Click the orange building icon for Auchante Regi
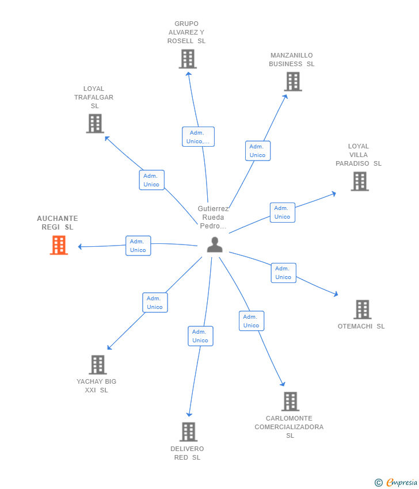point(59,245)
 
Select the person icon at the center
point(215,244)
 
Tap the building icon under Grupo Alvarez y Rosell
point(188,59)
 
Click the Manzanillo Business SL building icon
point(293,81)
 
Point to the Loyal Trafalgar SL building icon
point(95,124)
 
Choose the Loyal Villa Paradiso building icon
point(360,181)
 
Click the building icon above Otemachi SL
point(362,310)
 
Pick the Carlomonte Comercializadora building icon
point(291,402)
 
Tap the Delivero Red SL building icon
point(188,431)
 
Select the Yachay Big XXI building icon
point(98,365)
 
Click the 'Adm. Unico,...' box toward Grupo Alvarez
point(198,136)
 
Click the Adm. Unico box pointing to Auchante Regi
point(138,246)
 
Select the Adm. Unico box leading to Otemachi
point(283,273)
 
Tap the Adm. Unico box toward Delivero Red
point(200,336)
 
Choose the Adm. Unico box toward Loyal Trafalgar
point(151,180)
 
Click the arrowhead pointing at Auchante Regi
point(80,247)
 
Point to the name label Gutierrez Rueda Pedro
point(214,217)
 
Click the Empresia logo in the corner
point(396,482)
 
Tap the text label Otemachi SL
point(361,326)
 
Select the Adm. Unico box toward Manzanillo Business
point(258,151)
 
